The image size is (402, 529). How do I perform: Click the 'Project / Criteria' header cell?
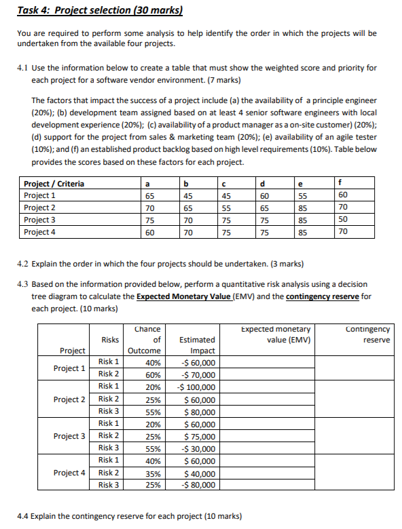54,183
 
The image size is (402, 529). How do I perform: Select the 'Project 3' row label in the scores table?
40,220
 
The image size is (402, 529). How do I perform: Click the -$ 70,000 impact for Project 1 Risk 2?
198,374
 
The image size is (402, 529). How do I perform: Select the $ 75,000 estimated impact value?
200,437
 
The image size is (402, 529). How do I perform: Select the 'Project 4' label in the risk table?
69,473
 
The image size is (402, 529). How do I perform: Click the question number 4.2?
22,263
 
